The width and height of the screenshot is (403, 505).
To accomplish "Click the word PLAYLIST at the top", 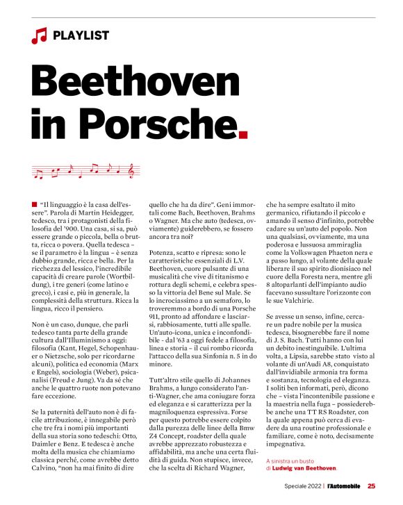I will [x=81, y=35].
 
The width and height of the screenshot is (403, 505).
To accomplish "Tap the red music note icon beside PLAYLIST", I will [x=38, y=35].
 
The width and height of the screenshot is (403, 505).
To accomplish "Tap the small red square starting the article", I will [x=34, y=202].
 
